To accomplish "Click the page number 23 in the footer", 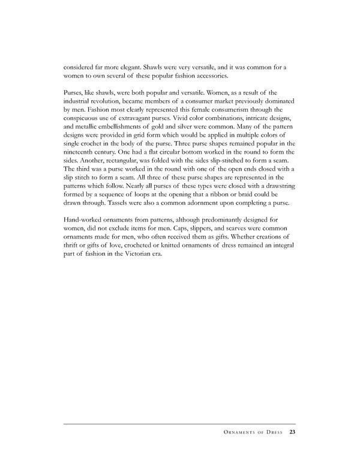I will pos(292,431).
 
